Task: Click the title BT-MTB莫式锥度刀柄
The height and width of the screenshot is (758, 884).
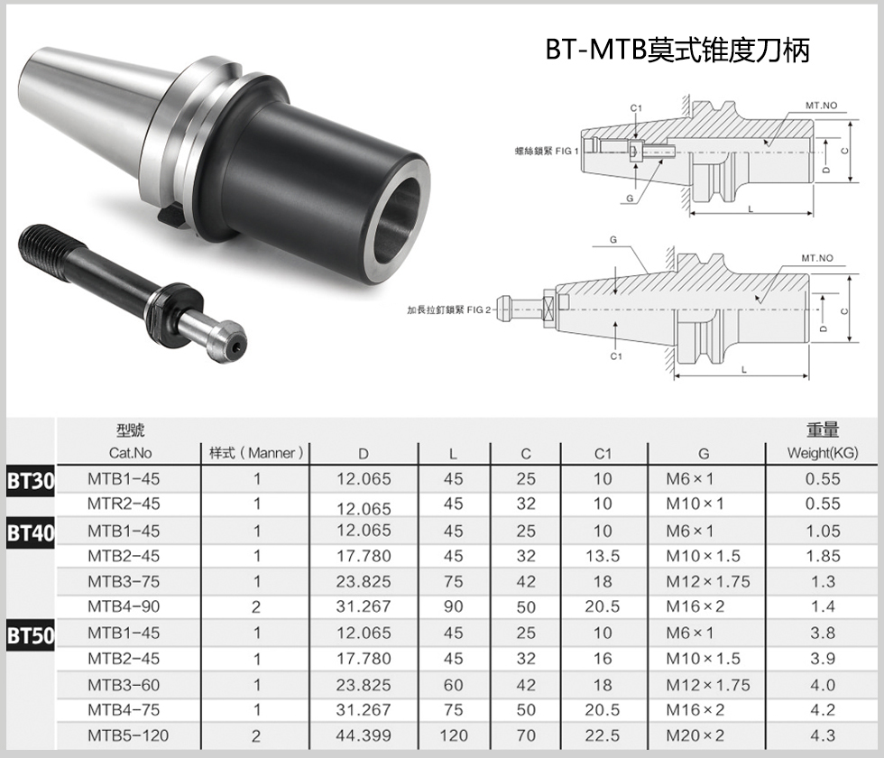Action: point(677,50)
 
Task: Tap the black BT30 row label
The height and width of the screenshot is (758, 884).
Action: point(31,481)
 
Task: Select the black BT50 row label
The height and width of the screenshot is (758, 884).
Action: point(31,635)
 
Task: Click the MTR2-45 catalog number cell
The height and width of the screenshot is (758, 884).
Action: point(124,504)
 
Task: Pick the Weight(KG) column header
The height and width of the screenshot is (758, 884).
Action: point(823,453)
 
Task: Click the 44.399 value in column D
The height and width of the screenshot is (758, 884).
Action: point(364,735)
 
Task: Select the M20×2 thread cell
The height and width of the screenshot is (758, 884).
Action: point(695,735)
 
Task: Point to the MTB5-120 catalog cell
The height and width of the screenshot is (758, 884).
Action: point(128,735)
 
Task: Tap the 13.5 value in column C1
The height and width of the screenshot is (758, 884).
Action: point(603,556)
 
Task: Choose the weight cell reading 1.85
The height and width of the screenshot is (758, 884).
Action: point(823,556)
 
